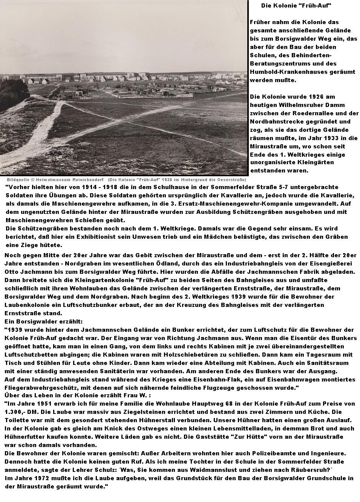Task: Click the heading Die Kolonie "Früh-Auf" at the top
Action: (x=296, y=6)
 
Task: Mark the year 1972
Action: (x=43, y=478)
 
